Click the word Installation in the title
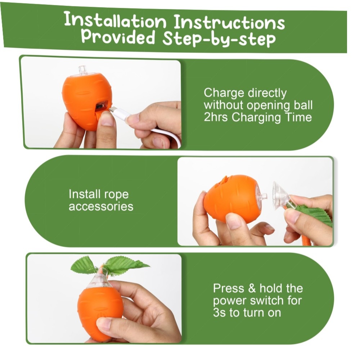coord(115,21)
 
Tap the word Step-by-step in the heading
coord(219,39)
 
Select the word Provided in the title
coord(118,36)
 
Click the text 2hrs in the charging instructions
coord(216,117)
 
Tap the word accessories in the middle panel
coord(101,206)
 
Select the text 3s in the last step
coord(219,312)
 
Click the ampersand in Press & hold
coord(252,288)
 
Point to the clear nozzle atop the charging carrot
coord(82,70)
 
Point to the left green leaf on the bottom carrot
coord(83,265)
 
